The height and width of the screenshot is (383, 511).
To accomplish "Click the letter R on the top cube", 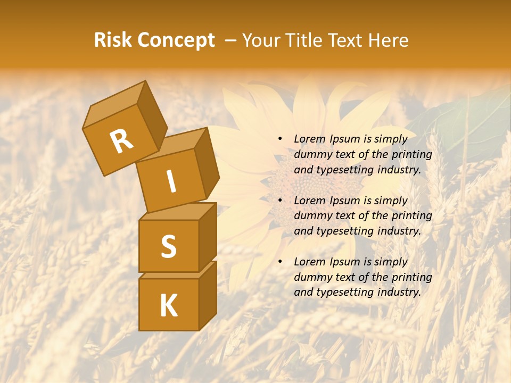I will [121, 141].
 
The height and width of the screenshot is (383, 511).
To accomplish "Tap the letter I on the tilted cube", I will [171, 181].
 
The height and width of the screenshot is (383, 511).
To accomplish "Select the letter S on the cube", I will [168, 246].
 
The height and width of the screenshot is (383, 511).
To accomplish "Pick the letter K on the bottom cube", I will [168, 306].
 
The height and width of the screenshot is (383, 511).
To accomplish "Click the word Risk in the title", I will [113, 40].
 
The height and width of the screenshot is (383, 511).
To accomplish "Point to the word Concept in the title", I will [176, 41].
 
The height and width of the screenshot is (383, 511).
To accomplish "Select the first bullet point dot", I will [281, 139].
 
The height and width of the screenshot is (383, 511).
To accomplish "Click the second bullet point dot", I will [281, 201].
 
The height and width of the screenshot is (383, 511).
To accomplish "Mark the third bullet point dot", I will [281, 262].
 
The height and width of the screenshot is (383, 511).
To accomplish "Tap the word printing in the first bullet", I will [412, 155].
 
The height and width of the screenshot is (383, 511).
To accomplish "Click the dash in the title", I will [231, 40].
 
